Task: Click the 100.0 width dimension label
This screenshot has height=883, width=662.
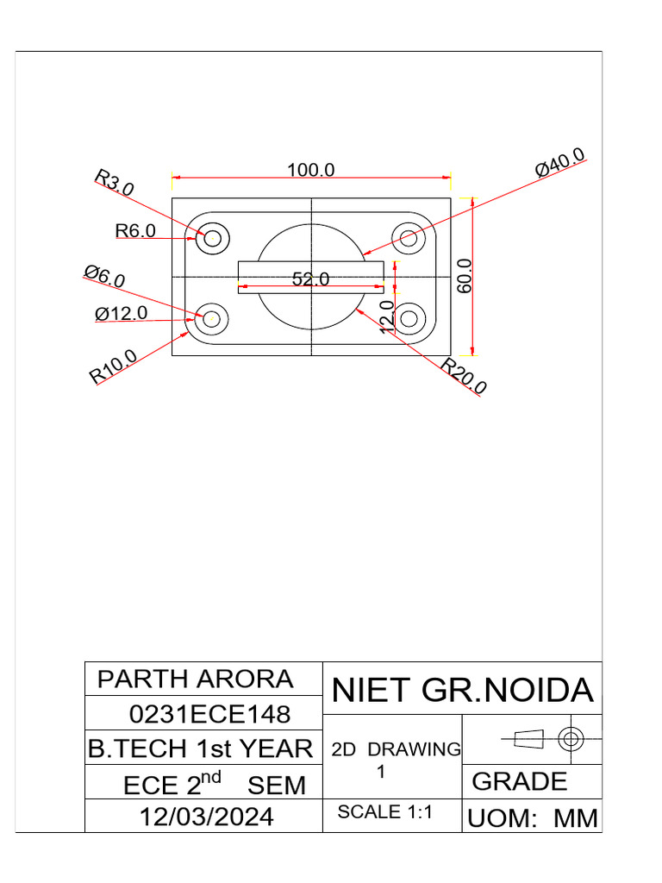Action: [x=310, y=170]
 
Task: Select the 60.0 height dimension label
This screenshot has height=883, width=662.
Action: [x=465, y=276]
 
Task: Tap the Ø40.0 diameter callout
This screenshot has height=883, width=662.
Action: [x=560, y=163]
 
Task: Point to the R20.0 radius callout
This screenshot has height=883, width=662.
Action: [x=464, y=377]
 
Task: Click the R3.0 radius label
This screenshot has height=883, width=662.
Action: [x=114, y=183]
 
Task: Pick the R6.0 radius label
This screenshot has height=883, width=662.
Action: [x=135, y=231]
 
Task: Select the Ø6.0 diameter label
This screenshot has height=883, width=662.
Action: [x=104, y=277]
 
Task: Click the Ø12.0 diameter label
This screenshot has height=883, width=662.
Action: [x=122, y=314]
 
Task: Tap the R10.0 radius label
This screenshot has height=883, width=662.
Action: [x=113, y=366]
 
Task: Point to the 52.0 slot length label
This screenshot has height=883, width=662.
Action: [x=310, y=279]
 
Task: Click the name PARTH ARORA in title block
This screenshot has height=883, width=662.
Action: [x=195, y=679]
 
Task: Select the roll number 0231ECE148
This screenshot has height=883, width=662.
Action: [x=209, y=714]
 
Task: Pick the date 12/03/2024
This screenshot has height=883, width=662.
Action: [x=207, y=816]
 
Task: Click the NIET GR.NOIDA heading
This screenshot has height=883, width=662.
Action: [x=463, y=691]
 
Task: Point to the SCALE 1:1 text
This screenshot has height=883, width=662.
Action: [x=384, y=811]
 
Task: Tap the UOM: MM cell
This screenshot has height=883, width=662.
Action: [x=532, y=818]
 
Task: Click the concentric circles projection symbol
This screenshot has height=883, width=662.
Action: [x=571, y=738]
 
